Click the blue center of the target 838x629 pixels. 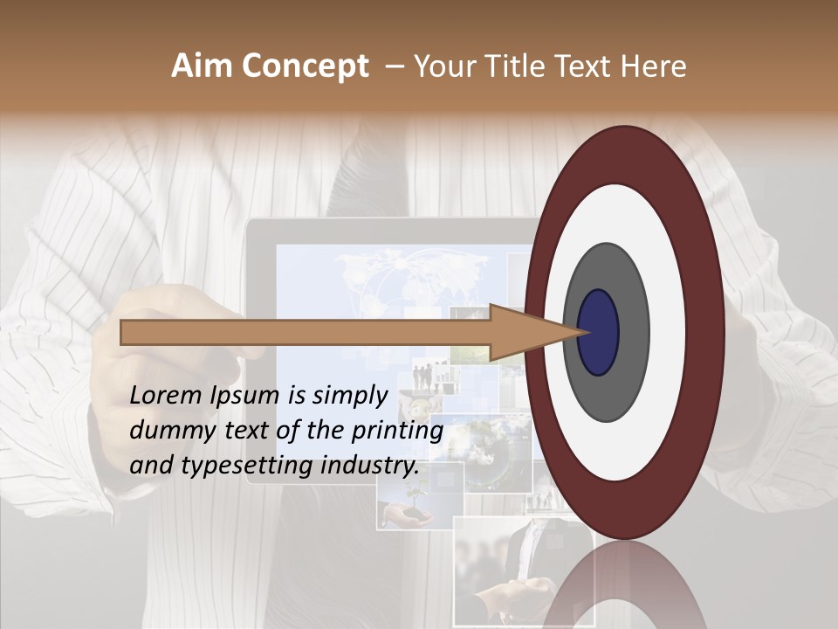(599, 332)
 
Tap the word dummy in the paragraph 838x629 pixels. (166, 431)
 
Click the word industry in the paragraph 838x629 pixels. (369, 466)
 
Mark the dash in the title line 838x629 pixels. (394, 67)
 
